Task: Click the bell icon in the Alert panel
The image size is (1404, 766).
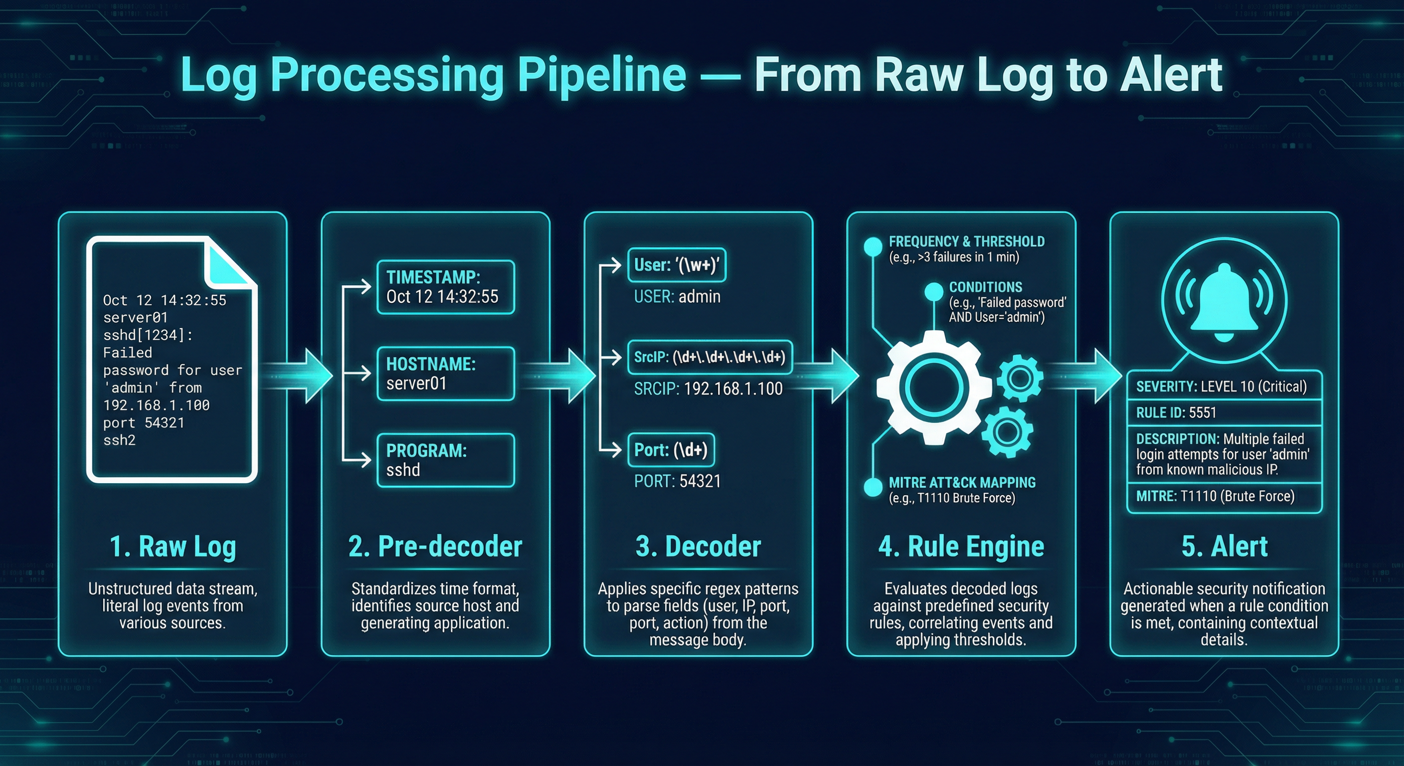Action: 1224,303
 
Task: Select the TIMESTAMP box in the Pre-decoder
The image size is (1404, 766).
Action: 445,287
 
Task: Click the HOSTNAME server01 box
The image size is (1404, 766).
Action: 445,374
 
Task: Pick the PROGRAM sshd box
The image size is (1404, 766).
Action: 445,460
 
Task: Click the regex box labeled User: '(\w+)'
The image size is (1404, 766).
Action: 677,265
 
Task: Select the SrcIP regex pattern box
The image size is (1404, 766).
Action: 709,357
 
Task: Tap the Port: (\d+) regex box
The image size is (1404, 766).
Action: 671,450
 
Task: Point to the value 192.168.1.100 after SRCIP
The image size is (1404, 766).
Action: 733,388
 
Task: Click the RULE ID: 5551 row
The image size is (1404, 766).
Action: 1224,413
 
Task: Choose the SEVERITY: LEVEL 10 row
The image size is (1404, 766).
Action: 1224,386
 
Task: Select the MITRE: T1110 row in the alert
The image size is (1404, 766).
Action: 1224,496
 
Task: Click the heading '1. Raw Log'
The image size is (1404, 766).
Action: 173,547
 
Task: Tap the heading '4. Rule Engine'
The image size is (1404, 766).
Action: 961,547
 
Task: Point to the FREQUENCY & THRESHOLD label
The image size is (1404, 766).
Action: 966,241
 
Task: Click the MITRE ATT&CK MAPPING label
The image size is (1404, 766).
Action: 962,483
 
